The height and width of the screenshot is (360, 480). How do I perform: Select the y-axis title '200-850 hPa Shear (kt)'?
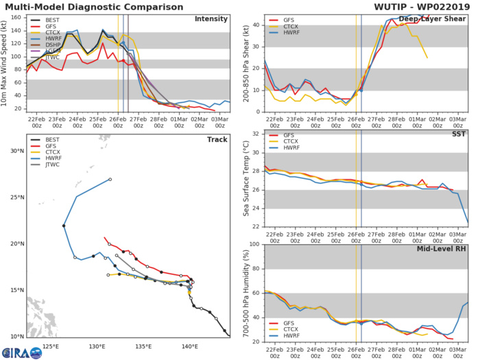pos(241,58)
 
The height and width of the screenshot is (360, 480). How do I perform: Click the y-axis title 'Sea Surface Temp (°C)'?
pos(241,180)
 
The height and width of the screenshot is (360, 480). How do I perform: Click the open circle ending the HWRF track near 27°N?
pos(110,179)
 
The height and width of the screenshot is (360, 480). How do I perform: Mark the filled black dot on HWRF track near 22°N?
pos(63,226)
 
